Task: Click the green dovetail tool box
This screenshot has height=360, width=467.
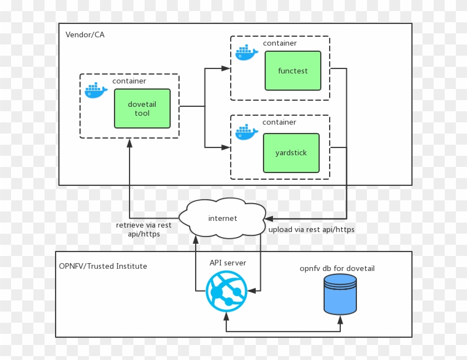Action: click(x=142, y=109)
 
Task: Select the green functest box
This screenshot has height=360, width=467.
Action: click(x=292, y=71)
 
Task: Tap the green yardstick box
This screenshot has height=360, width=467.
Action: click(x=291, y=153)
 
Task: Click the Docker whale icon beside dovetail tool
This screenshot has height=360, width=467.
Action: click(x=96, y=90)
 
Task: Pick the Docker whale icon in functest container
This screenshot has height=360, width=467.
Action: click(x=246, y=52)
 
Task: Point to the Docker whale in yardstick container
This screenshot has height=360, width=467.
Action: click(x=246, y=132)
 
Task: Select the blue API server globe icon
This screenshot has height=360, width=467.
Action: click(x=226, y=291)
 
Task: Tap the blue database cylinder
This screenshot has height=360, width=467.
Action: click(x=340, y=293)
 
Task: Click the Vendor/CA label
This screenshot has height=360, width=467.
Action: click(x=85, y=34)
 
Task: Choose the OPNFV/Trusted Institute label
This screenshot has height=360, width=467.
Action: click(x=103, y=266)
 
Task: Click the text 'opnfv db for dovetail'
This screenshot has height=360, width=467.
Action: click(x=337, y=268)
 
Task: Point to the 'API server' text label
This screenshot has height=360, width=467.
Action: click(x=227, y=262)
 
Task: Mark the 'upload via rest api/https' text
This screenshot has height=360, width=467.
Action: click(x=311, y=229)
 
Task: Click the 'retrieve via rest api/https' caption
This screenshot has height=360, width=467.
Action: click(x=143, y=230)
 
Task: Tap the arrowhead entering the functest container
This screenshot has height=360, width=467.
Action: click(x=226, y=68)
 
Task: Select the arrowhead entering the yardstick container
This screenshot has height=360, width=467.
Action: click(x=226, y=147)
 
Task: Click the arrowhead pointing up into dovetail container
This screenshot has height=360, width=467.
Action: click(x=130, y=143)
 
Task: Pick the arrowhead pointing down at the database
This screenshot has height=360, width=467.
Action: click(x=340, y=318)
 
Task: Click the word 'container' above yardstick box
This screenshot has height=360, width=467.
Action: click(x=279, y=122)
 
